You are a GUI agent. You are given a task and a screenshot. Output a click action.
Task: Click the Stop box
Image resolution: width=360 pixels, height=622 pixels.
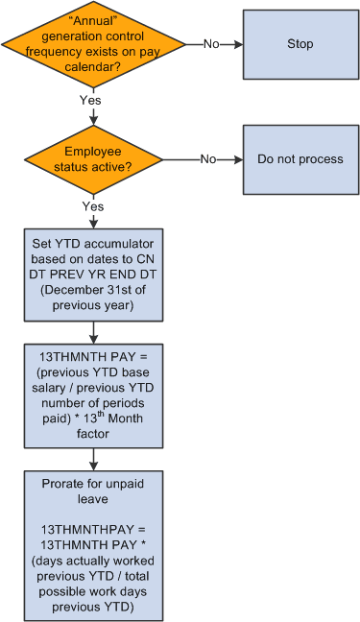coord(300,44)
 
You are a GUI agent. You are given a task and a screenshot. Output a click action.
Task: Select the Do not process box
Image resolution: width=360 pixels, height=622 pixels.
coord(300,159)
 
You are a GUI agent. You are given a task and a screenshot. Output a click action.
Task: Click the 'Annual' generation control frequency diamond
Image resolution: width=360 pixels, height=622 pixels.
coord(93,44)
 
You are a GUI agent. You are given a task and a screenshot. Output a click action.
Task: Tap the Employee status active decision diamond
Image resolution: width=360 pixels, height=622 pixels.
coord(93,159)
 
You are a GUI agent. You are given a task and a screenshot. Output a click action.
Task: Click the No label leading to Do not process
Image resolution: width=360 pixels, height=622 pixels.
coord(207,159)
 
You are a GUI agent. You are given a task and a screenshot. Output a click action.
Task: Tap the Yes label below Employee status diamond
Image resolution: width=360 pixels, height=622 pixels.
coord(93,205)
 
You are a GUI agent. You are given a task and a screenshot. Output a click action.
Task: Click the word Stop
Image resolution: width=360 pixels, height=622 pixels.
coord(300,44)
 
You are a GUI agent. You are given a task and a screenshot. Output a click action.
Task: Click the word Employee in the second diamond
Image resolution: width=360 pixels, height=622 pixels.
coord(93,152)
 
